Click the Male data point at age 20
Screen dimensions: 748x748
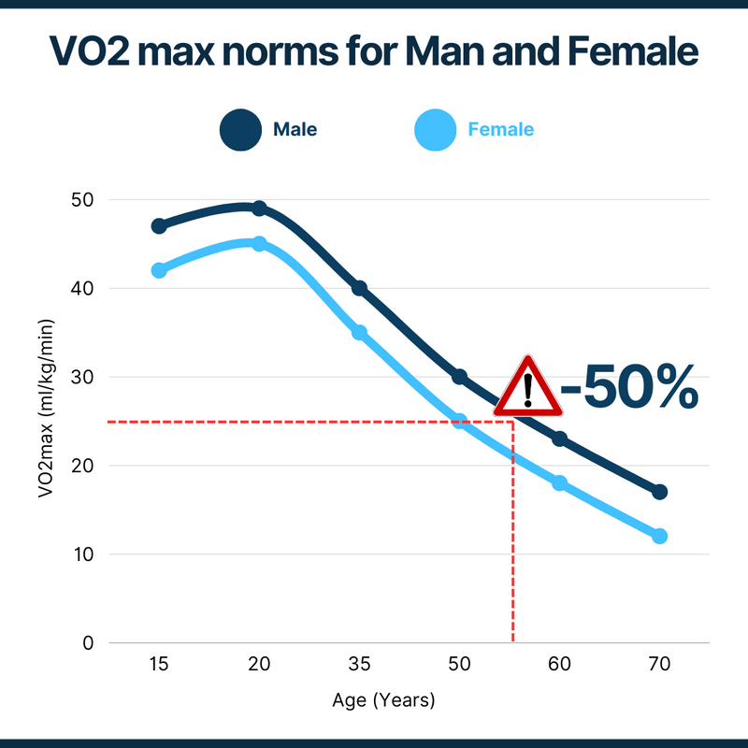(259, 209)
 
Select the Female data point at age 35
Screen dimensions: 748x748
(359, 332)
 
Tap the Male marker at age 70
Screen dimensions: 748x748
(659, 492)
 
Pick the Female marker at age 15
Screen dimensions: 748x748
(159, 270)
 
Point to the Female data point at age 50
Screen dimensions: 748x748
(459, 421)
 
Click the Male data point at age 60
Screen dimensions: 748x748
(559, 439)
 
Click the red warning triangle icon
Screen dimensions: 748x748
(527, 387)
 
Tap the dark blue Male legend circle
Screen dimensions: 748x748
(240, 130)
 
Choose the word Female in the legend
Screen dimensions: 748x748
(500, 130)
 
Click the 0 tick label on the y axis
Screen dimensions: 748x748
(89, 643)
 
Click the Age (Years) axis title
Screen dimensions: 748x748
(383, 699)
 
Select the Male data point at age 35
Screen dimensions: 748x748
(359, 288)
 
